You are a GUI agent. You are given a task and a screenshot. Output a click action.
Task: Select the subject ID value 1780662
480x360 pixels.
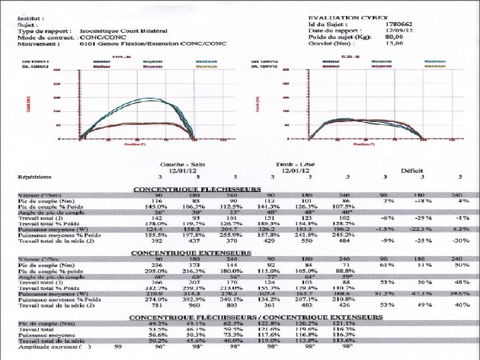(x=398, y=24)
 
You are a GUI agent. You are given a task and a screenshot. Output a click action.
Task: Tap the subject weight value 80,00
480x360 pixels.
(x=395, y=37)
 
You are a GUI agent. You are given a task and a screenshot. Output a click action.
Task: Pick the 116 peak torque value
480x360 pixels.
(x=158, y=201)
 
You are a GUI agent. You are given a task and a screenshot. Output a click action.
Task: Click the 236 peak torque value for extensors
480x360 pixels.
(x=158, y=265)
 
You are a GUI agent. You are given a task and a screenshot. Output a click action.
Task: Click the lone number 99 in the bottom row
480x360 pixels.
(x=117, y=347)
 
